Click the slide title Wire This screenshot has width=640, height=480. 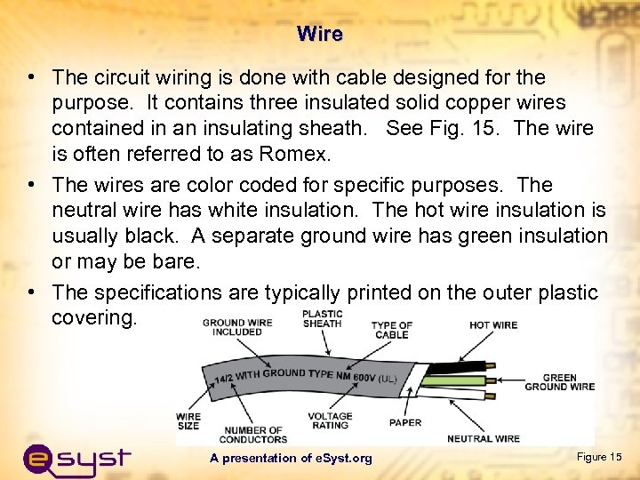320,35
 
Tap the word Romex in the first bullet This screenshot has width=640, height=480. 296,155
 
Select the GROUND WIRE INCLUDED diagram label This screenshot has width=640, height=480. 237,327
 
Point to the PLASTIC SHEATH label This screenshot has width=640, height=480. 322,319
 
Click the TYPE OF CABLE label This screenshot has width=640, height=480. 391,330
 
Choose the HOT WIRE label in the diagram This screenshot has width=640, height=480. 493,325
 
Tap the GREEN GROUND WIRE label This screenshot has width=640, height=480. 559,382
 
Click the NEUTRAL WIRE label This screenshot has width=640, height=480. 484,438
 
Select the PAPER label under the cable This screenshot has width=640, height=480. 405,422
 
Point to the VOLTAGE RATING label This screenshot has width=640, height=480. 330,420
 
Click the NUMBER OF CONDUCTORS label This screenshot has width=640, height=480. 253,435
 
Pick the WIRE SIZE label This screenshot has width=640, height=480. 188,421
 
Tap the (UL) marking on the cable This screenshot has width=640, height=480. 388,378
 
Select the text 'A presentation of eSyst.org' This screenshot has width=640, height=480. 291,458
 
